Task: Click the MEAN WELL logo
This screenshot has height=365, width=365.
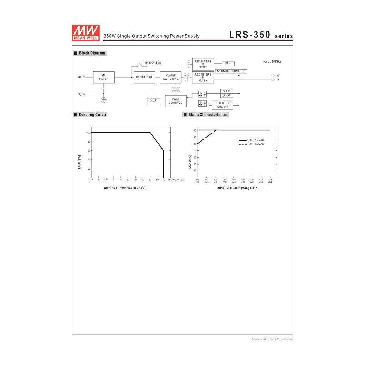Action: pyautogui.click(x=86, y=33)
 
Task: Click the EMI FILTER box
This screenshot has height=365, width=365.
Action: pyautogui.click(x=104, y=77)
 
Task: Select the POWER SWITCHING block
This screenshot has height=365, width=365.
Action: pyautogui.click(x=171, y=77)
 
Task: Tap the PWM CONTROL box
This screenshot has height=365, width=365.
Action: pyautogui.click(x=176, y=101)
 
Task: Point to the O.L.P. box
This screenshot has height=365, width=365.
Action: pyautogui.click(x=154, y=101)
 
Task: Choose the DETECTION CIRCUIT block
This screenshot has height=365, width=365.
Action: pyautogui.click(x=222, y=105)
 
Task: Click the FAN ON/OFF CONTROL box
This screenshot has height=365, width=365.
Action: pyautogui.click(x=231, y=71)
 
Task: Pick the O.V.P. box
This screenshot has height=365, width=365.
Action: pyautogui.click(x=226, y=96)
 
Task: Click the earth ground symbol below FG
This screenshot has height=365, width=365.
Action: pyautogui.click(x=104, y=100)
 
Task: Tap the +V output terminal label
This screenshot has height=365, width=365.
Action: pyautogui.click(x=278, y=76)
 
